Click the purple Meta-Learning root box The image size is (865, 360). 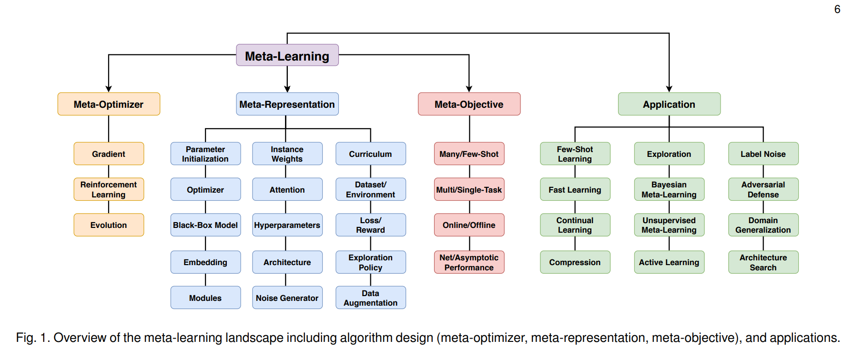coord(287,55)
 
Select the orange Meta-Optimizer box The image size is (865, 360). coord(109,104)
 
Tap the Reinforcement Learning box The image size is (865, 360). coord(109,189)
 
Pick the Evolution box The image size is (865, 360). coord(109,225)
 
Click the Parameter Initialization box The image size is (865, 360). coord(205,154)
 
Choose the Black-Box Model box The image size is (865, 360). coord(205,225)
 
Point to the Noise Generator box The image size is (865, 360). coord(287,298)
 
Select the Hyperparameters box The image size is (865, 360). coord(287,225)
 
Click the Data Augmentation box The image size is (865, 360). coord(370,298)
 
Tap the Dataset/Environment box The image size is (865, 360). coord(370,189)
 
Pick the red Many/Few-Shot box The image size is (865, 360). coord(469,154)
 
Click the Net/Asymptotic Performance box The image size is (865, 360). coord(469,262)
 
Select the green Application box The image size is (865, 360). coord(669,104)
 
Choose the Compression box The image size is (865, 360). coord(575,262)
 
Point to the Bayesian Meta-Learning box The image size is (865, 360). coord(669,189)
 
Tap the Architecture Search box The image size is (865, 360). coord(763,262)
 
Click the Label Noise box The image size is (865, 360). coord(763,154)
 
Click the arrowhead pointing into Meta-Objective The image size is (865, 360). coord(469,89)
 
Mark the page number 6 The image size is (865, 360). coord(837,10)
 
